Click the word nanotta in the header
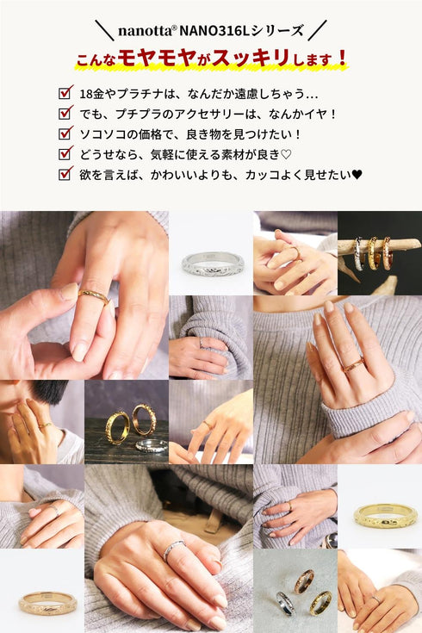tap(145, 31)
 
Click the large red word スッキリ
tap(251, 58)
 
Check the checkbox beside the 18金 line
tap(65, 92)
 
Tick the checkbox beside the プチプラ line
tap(65, 113)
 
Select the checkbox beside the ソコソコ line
tap(65, 133)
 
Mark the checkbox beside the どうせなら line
tap(65, 153)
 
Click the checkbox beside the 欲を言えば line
tap(65, 173)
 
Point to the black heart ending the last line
tap(357, 175)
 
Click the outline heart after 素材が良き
tap(286, 155)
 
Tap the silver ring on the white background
tap(213, 264)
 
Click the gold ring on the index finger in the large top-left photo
tap(94, 296)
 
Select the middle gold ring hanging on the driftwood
tap(373, 253)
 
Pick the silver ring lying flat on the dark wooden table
tap(152, 446)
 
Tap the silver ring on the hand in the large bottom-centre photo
tap(174, 549)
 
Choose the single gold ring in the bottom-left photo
tap(47, 604)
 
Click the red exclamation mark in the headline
tap(343, 58)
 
